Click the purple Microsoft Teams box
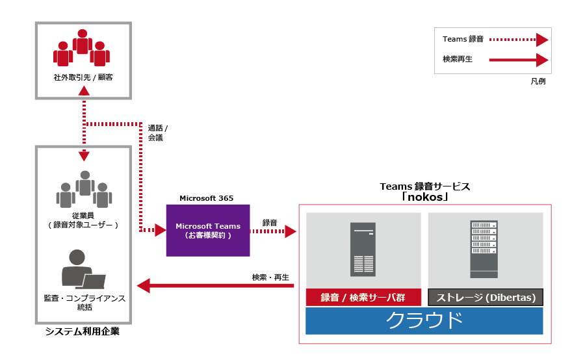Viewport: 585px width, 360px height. [208, 231]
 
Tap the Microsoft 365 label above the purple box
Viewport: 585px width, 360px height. [207, 198]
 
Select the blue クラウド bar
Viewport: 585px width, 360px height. [424, 321]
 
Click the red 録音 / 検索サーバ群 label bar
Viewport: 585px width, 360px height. [363, 298]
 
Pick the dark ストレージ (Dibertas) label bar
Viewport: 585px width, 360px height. [486, 298]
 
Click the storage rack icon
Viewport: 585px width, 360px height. [483, 248]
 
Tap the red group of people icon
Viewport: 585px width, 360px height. [82, 48]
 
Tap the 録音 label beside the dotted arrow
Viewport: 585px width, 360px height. [270, 223]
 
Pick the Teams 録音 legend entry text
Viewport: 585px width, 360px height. [463, 39]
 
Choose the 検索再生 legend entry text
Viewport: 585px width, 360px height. [457, 59]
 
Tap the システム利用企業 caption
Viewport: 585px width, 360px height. [83, 332]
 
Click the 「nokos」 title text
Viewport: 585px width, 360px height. [424, 196]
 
